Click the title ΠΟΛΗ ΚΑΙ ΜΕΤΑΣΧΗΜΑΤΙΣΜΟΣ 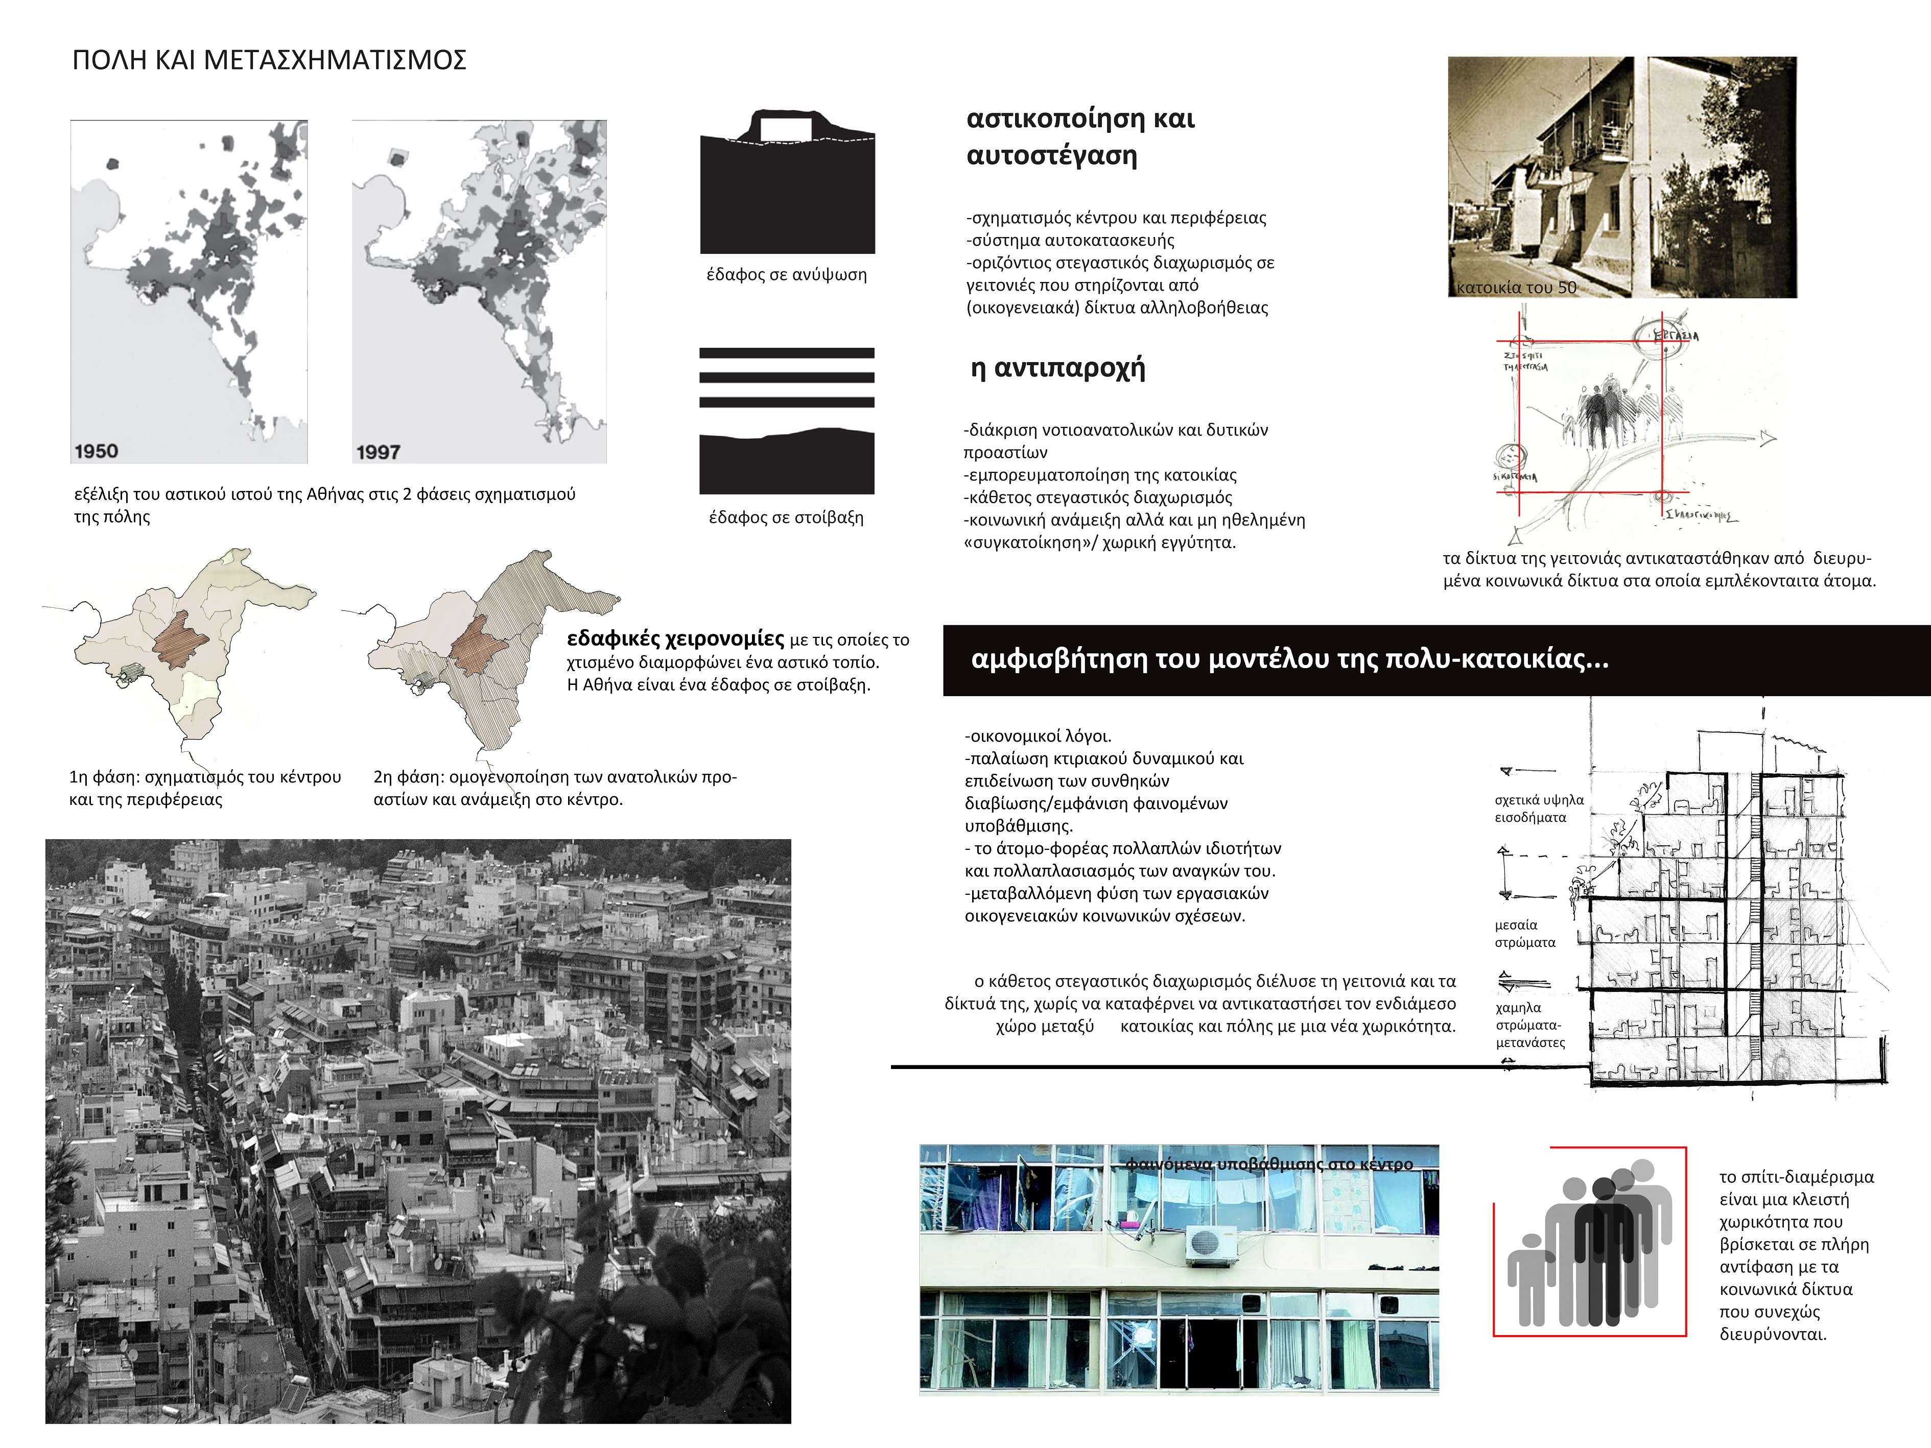tap(269, 60)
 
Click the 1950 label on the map tap(96, 450)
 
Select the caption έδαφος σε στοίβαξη tap(786, 517)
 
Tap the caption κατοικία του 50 tap(1517, 287)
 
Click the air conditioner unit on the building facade tap(1211, 1244)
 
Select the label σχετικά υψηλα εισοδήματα tap(1538, 808)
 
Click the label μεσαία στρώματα tap(1524, 933)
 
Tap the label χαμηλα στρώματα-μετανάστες tap(1529, 1025)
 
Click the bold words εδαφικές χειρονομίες tap(675, 639)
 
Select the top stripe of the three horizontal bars tap(787, 353)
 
